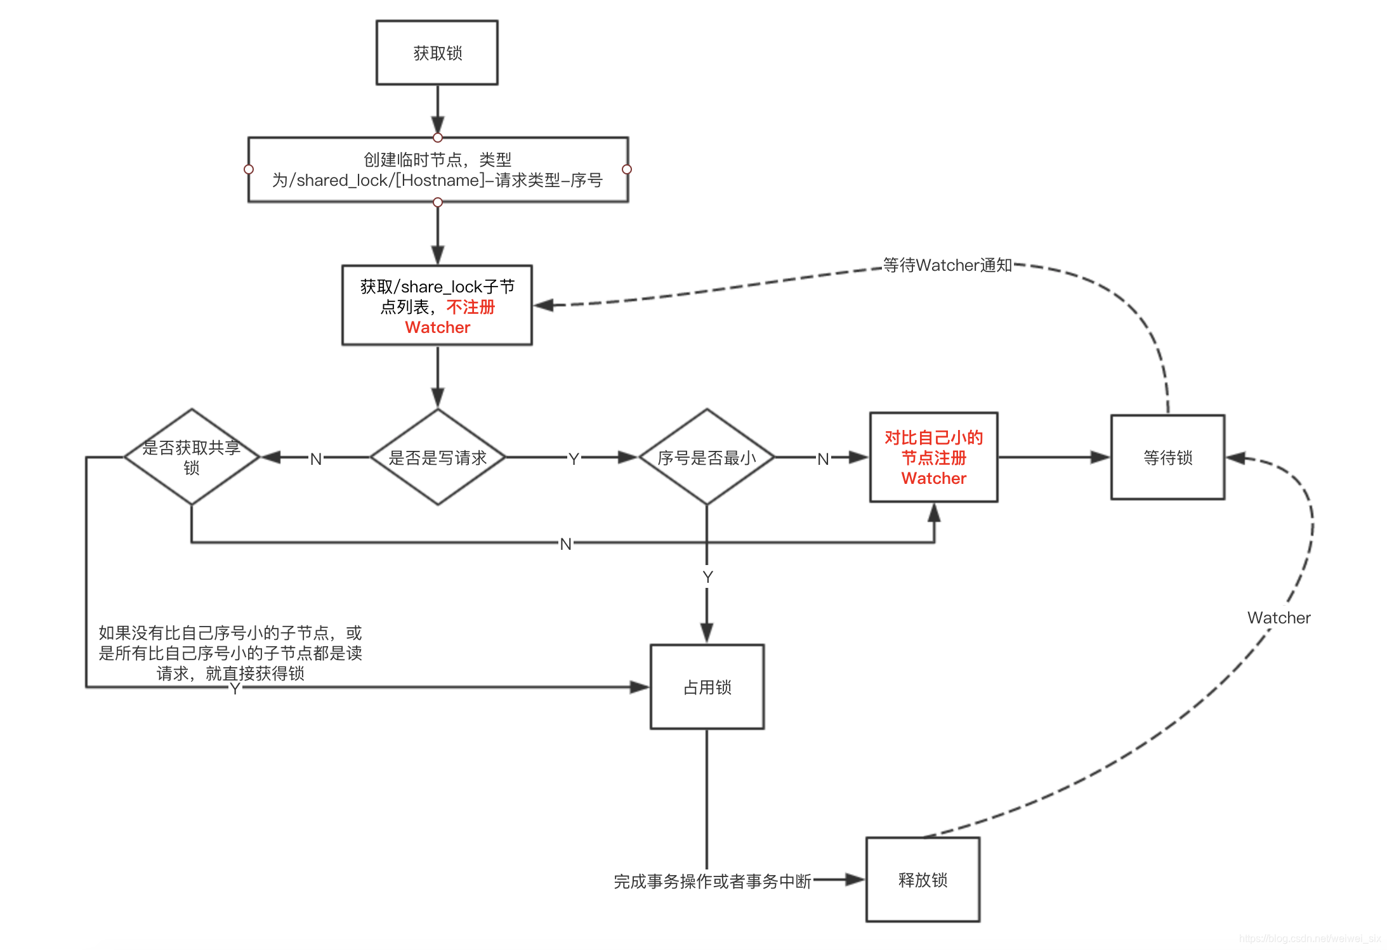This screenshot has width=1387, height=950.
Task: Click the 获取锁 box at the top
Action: click(x=437, y=53)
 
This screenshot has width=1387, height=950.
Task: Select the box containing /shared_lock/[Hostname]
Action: click(x=437, y=170)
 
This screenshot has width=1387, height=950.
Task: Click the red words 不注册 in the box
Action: click(x=470, y=307)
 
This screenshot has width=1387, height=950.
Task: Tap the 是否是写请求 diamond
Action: click(x=437, y=457)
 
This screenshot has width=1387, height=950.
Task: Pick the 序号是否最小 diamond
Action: click(x=706, y=457)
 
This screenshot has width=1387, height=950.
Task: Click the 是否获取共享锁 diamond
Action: click(x=191, y=457)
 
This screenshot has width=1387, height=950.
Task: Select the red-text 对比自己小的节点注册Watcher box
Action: click(x=933, y=457)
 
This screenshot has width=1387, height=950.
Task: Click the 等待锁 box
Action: click(x=1167, y=457)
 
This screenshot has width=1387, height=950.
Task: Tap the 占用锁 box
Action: click(x=707, y=687)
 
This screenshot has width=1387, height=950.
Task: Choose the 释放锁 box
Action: click(x=923, y=880)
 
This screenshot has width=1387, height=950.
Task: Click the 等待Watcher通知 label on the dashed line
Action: click(x=947, y=265)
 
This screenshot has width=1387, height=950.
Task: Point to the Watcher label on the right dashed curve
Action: click(x=1279, y=618)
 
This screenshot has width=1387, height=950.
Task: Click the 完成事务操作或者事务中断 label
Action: click(x=712, y=882)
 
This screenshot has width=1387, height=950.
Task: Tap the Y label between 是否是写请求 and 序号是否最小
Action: click(x=574, y=459)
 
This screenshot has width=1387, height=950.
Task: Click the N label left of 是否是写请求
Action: click(x=315, y=459)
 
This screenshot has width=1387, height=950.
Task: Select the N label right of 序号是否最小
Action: click(x=823, y=459)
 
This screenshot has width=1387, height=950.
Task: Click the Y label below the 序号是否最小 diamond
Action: click(x=707, y=576)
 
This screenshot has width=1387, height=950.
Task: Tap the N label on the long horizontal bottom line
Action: click(x=565, y=543)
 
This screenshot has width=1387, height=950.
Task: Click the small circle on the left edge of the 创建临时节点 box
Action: click(x=249, y=169)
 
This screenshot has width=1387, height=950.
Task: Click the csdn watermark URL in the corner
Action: click(x=1310, y=938)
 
